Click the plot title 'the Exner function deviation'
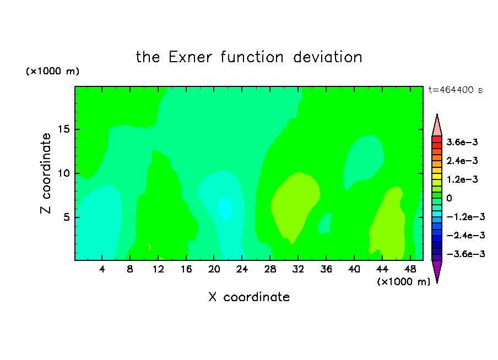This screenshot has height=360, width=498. tap(249, 57)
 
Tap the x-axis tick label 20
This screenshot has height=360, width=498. tap(214, 269)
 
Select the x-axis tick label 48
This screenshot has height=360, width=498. tap(410, 269)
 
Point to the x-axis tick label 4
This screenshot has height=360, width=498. tap(102, 269)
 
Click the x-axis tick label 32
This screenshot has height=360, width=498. tap(298, 269)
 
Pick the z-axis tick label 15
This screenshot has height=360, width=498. tap(63, 129)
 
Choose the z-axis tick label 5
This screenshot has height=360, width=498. tap(66, 217)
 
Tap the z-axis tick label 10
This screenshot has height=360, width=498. tap(63, 173)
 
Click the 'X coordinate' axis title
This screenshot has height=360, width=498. tap(249, 297)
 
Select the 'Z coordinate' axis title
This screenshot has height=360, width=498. tap(45, 173)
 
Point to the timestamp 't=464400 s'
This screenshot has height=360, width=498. tap(456, 90)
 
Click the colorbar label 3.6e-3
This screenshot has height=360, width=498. tap(462, 142)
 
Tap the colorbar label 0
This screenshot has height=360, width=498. tap(449, 198)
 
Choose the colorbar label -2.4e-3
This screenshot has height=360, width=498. tap(465, 235)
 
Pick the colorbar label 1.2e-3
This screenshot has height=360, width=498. tap(462, 179)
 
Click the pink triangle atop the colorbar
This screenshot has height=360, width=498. tap(437, 127)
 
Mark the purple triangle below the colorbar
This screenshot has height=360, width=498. tap(437, 270)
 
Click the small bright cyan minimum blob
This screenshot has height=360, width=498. tap(225, 209)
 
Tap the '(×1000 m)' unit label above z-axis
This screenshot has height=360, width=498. tap(52, 71)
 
